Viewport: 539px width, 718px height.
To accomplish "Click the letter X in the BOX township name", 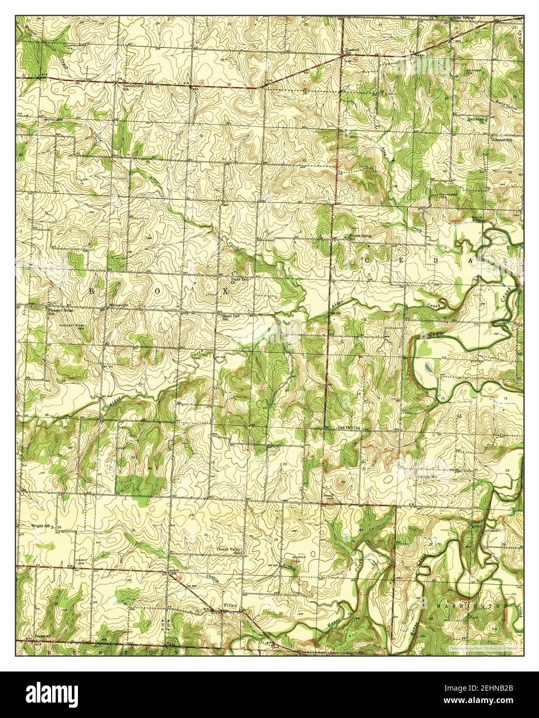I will click(x=226, y=292).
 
